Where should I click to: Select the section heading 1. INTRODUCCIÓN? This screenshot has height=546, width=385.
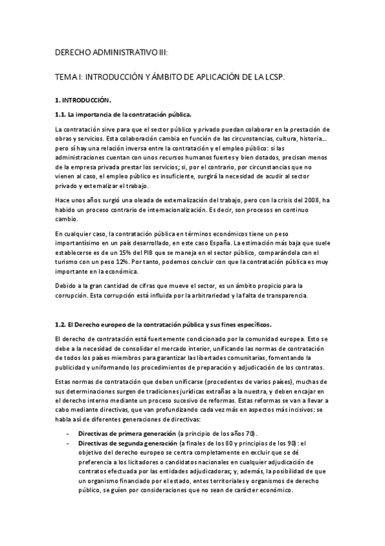pos(84,100)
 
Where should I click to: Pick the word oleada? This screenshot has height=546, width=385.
pos(132,201)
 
